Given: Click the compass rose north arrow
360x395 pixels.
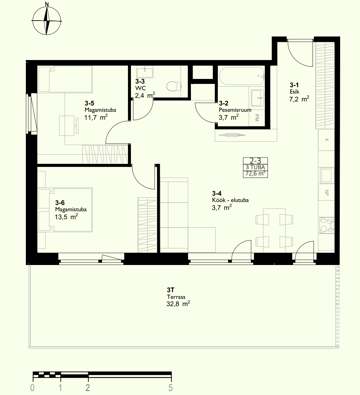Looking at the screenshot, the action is tap(46, 21).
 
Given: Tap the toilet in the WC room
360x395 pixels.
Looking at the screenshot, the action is tap(174, 87).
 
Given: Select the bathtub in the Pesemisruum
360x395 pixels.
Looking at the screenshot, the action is tap(242, 76).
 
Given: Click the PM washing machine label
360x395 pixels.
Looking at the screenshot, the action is tap(257, 118).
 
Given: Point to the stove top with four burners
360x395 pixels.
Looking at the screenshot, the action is tap(327, 225).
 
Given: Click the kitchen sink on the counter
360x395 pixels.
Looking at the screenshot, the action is tap(327, 175).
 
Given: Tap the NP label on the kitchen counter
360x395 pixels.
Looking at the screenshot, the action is tap(327, 193).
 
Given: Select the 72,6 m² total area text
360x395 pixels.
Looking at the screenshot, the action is tap(255, 173).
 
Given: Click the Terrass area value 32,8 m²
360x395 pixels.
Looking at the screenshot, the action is tap(178, 303).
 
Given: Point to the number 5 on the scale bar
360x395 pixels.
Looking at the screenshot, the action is tap(171, 388).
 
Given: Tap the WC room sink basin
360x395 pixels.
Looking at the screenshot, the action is tap(145, 73).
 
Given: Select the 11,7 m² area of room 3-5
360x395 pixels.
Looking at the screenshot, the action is tap(96, 117).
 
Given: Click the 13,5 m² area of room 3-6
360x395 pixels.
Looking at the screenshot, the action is tap(66, 217).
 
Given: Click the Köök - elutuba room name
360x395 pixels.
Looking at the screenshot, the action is tap(230, 200).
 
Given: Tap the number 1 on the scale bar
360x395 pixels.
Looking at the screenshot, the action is tap(60, 388).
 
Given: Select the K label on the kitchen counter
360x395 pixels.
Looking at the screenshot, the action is tap(327, 140).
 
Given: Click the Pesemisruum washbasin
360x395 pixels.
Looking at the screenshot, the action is tap(258, 98).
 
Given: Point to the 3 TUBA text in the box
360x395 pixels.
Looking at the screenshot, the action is tap(255, 167).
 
